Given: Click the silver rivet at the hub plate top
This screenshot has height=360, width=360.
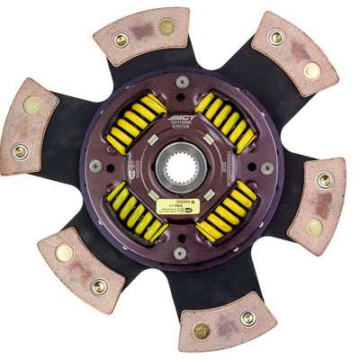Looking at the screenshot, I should (x=183, y=82).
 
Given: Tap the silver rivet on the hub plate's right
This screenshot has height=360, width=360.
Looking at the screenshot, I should (x=266, y=168).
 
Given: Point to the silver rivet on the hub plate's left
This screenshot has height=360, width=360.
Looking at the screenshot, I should (x=95, y=166).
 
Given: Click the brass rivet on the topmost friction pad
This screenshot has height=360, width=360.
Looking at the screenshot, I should (x=166, y=27).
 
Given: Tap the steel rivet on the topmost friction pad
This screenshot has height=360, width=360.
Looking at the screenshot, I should (x=121, y=40).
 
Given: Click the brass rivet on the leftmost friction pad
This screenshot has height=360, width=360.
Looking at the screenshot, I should (x=32, y=105).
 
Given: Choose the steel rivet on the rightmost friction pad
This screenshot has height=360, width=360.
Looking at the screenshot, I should (x=325, y=180).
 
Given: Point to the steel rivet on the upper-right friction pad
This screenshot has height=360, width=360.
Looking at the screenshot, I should (x=276, y=37).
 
